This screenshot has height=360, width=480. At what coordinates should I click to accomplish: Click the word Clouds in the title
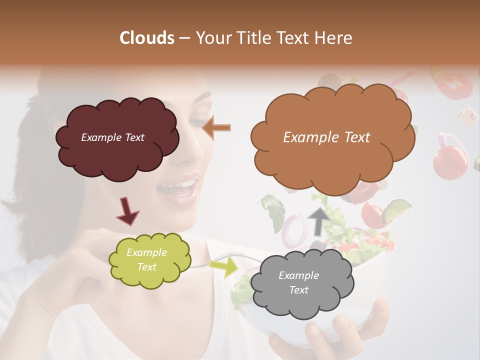point(147,38)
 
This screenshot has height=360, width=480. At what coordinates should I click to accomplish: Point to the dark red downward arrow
point(127,210)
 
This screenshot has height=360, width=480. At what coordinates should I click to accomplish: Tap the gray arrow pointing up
point(319,220)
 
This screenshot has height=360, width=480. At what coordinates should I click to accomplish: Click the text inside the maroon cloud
point(112,137)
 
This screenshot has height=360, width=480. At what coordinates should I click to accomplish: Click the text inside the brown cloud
point(326,137)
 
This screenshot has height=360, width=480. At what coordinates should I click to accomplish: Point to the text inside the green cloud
point(146,260)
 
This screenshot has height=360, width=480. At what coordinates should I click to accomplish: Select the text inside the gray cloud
point(298,282)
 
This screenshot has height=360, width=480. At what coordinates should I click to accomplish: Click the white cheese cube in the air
point(468,116)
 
